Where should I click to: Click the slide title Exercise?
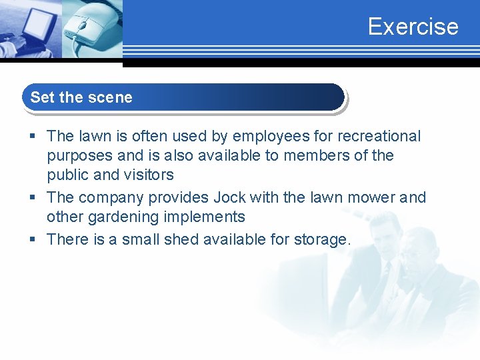(x=413, y=27)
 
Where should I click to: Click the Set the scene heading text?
(x=81, y=97)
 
